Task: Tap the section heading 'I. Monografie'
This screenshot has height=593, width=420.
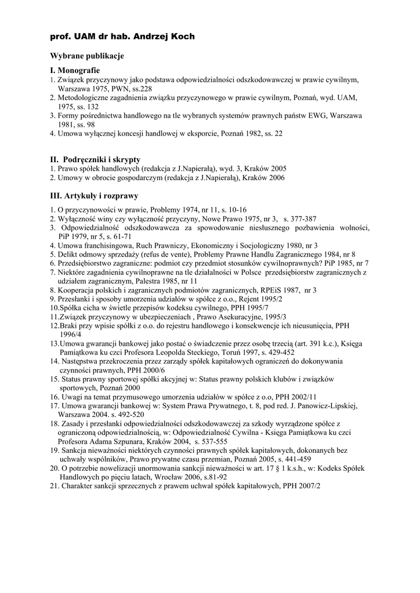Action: coord(75,69)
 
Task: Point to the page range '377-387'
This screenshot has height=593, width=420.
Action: coord(300,219)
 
